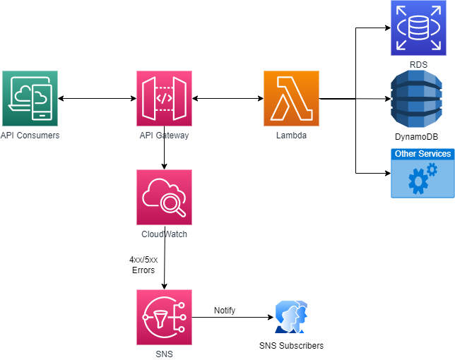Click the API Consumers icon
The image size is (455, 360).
30,98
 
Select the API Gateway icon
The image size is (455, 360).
164,98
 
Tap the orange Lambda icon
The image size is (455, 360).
291,98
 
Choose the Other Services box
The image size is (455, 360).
422,173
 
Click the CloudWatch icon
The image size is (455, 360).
164,197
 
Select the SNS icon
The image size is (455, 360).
164,317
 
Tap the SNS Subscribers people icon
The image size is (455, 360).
291,317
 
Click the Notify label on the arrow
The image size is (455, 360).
225,310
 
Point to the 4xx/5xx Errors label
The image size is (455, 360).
143,265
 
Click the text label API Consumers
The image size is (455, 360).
30,135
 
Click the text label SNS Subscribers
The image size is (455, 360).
291,346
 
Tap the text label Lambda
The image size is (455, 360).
291,135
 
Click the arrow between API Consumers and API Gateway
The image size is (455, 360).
97,99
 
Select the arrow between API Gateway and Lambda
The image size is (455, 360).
227,99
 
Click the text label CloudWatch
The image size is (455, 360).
164,234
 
